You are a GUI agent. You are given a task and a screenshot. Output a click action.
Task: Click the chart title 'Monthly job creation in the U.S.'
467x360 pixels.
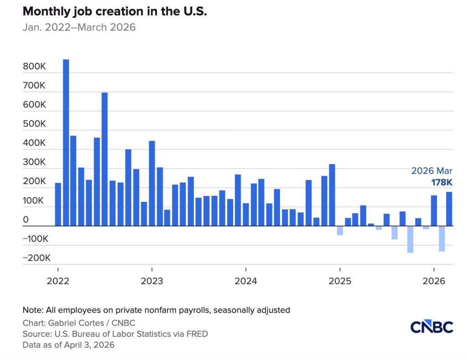(115, 12)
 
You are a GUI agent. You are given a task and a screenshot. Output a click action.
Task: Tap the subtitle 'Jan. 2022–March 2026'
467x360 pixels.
(79, 27)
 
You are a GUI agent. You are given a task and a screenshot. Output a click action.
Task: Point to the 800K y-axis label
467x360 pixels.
(34, 67)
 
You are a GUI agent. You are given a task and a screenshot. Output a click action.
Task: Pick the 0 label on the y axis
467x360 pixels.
(26, 220)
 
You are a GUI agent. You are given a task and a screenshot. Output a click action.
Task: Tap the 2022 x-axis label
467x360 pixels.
(57, 281)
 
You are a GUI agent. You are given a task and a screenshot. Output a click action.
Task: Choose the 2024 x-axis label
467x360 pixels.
(246, 281)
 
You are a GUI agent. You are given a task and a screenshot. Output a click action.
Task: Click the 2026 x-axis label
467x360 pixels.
(434, 281)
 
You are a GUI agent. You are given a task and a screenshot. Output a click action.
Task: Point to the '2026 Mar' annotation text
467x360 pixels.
(432, 171)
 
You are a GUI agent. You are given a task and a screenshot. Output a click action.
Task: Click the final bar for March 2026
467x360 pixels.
(449, 209)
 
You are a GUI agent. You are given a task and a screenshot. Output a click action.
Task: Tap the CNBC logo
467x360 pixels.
(431, 327)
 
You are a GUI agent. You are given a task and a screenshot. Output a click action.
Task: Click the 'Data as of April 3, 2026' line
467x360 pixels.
(68, 345)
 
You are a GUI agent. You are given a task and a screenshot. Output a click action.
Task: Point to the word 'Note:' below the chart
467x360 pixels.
(33, 310)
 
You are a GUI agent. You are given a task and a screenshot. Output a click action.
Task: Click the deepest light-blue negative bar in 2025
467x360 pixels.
(410, 239)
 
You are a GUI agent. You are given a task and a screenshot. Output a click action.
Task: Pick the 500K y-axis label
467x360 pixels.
(34, 124)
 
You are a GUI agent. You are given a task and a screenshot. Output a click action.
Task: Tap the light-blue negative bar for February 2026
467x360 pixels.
(441, 239)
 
